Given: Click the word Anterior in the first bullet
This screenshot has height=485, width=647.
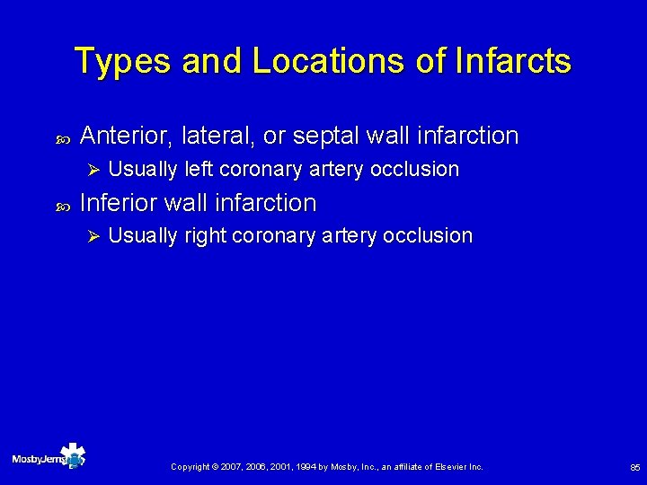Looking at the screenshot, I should [127, 136].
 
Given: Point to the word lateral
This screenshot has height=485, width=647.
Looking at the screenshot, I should [217, 136].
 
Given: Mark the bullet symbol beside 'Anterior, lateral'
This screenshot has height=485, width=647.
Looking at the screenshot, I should [61, 137].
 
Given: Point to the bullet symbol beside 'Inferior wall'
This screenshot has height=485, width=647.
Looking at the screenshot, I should [61, 205].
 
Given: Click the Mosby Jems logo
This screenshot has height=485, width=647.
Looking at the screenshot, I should [49, 458].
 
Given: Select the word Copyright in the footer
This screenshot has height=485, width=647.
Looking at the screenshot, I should [190, 467].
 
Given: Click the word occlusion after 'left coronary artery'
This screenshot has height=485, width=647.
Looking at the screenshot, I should [421, 169].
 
